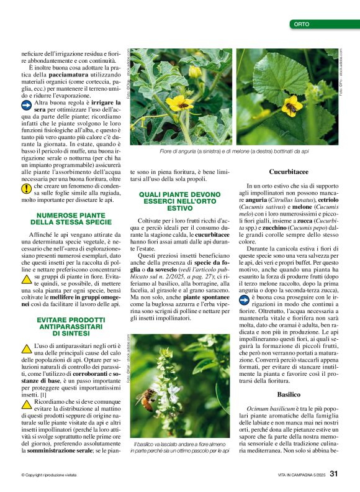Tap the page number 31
coord(334,473)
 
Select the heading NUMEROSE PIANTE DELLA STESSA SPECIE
coord(71,217)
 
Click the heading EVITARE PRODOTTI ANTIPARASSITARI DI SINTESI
coord(71,326)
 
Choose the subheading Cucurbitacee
coord(289,171)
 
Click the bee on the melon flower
coord(290,108)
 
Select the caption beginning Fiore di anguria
coord(234,152)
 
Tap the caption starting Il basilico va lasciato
coord(179,447)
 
